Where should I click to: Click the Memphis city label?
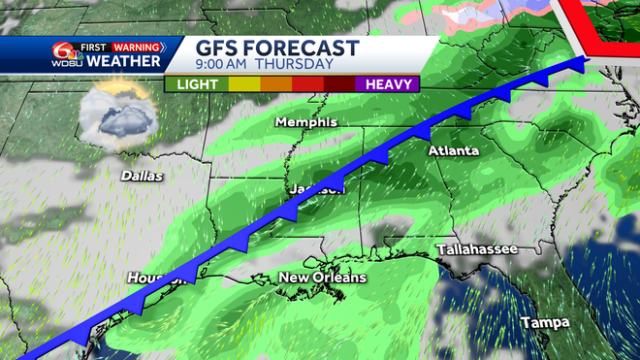pyautogui.click(x=305, y=122)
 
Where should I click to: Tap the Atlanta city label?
pyautogui.click(x=454, y=151)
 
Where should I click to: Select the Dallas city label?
pyautogui.click(x=142, y=177)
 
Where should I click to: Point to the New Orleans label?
pyautogui.click(x=323, y=278)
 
